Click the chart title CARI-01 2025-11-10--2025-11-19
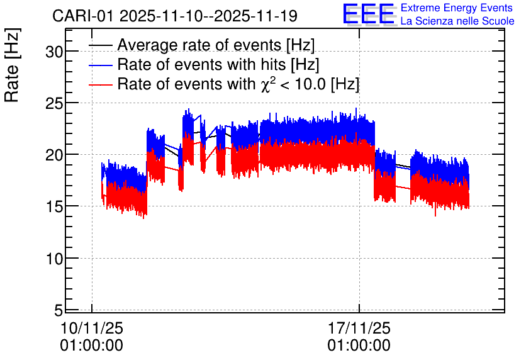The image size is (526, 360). pos(175,16)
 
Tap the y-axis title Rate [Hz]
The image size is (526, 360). pos(12,65)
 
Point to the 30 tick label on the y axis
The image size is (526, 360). pos(54,52)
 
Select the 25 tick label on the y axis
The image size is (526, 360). pos(54,103)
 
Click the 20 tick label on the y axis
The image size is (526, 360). pos(54,155)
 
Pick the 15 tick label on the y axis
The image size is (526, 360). pos(54,206)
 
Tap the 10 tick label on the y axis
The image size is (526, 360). pos(54,259)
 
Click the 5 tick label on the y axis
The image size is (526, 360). pos(59,310)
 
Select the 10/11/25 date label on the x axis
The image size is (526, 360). pos(92,328)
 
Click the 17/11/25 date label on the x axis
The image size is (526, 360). pos(359,328)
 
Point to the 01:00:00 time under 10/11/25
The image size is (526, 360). pos(92,346)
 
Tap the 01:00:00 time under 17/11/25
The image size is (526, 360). pos(359,346)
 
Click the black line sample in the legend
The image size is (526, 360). pos(100,45)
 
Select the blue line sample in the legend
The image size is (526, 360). pos(100,65)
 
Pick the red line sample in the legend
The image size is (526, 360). pos(100,85)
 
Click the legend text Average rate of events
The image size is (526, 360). pos(199,45)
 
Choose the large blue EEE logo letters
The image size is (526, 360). pos(369,14)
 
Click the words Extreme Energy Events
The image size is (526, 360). pos(457,8)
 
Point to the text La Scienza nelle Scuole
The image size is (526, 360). pos(457,21)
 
